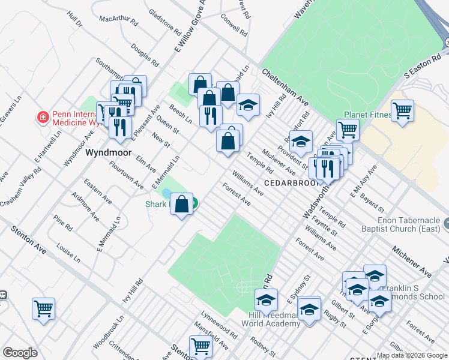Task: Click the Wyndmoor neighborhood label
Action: click(108, 153)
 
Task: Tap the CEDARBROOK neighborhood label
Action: click(288, 182)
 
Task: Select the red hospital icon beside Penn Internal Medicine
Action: click(43, 116)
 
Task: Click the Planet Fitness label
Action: click(367, 115)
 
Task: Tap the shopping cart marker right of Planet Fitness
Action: click(402, 110)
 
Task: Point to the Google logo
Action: click(20, 353)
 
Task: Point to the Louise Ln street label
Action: click(68, 253)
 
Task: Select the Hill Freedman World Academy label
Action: click(270, 319)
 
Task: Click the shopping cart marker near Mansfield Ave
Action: click(200, 346)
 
